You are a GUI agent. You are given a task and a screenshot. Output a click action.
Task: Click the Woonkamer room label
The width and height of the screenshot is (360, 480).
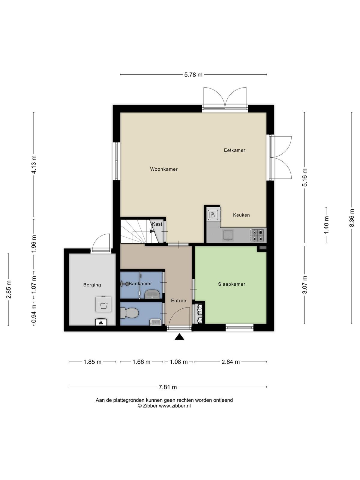tap(164, 169)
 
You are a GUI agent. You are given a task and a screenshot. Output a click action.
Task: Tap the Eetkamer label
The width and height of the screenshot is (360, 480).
tap(235, 150)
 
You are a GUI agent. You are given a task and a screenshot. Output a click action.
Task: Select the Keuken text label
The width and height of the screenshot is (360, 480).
tap(241, 215)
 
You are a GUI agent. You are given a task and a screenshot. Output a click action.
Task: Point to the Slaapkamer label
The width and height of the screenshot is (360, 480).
tap(232, 284)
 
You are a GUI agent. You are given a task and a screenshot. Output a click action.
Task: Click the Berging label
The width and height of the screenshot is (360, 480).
tap(92, 285)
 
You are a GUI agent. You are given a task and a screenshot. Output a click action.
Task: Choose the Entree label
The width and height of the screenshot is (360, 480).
tap(178, 301)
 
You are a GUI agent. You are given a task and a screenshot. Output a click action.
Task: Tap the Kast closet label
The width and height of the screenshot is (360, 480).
tap(157, 224)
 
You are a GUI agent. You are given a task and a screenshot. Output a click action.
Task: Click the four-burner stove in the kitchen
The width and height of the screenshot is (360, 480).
tap(258, 235)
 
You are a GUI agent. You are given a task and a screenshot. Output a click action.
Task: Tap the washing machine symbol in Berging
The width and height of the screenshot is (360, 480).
tap(103, 304)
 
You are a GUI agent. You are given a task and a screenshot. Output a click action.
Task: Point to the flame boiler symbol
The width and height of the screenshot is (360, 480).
tap(101, 322)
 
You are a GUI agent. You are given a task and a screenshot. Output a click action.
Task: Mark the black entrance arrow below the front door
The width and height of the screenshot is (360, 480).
tap(179, 337)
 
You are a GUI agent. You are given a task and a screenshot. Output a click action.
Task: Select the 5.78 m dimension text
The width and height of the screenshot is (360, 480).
tap(193, 75)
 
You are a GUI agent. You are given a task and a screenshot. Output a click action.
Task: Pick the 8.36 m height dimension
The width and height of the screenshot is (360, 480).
tap(352, 218)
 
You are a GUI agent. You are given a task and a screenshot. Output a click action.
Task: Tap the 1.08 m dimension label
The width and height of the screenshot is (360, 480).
tap(179, 362)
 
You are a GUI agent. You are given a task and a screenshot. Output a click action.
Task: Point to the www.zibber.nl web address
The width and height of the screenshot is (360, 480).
tap(175, 406)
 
